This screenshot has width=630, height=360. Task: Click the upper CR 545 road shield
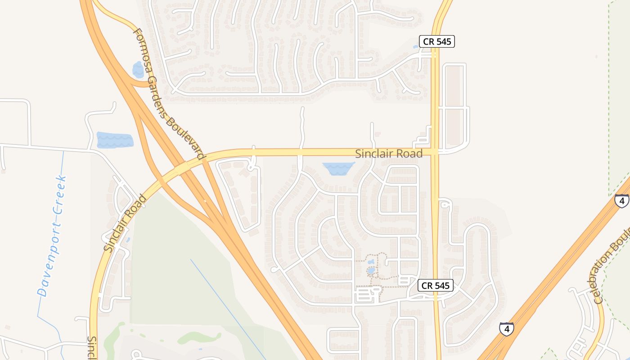437,42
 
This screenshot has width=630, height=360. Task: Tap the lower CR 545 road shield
435,285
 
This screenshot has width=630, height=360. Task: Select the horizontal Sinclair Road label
389,154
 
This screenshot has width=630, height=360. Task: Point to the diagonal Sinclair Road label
125,223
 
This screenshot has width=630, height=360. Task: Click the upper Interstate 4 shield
621,200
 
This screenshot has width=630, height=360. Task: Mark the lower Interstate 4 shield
506,329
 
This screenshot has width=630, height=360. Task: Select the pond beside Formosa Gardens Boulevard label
138,70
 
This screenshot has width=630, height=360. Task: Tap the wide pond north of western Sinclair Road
115,140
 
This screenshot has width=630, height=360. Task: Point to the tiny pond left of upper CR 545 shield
415,46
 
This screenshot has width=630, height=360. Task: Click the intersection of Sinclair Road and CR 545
435,152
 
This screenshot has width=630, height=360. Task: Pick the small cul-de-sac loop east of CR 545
445,204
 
